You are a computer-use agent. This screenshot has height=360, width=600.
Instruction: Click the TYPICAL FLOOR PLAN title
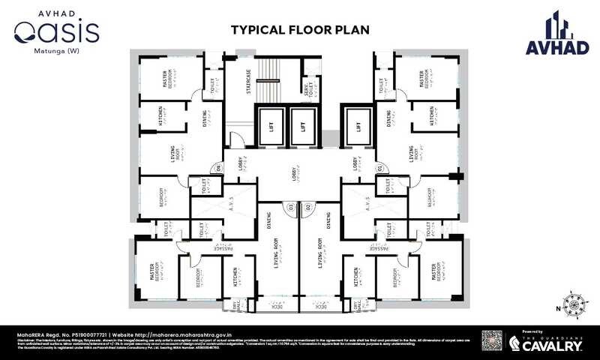[x=299, y=30]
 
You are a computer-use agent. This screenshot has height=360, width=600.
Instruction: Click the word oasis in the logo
[x=57, y=32]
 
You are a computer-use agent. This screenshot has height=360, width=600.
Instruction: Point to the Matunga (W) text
[x=57, y=52]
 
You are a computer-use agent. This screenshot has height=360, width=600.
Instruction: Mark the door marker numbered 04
[x=219, y=169]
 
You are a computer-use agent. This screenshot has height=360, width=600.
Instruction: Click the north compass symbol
[x=576, y=306]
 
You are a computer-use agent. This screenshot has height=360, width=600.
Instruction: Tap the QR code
[x=491, y=342]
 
